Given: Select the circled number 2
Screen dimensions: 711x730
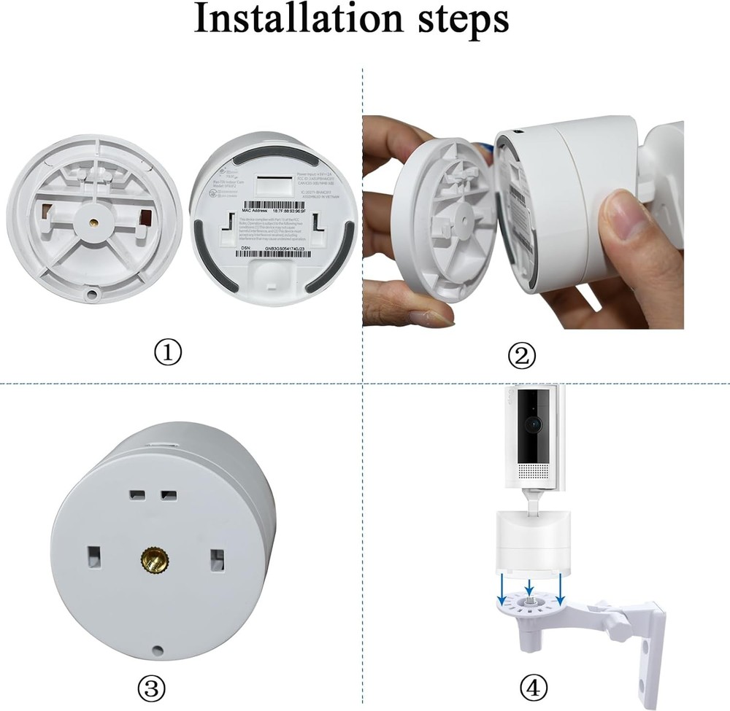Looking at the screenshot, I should pos(523,356).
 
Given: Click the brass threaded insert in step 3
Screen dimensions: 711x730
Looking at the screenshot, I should pos(154,562).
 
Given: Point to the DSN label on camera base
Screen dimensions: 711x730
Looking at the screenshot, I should pos(246,248).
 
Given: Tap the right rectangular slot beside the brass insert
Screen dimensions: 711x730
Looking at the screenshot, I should pos(215,559).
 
